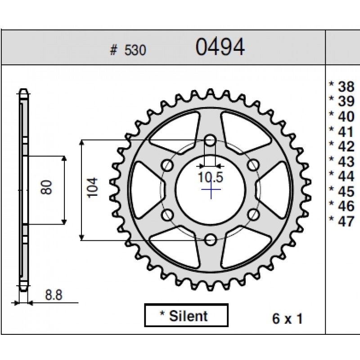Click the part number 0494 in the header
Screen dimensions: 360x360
220,47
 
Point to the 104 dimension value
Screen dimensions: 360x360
92,187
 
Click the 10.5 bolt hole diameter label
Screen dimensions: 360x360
211,177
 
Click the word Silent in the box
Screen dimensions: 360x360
189,316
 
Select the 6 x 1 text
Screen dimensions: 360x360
287,319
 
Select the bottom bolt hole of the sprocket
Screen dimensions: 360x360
210,239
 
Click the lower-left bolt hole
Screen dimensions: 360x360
168,214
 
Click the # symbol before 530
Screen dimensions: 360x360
113,51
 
